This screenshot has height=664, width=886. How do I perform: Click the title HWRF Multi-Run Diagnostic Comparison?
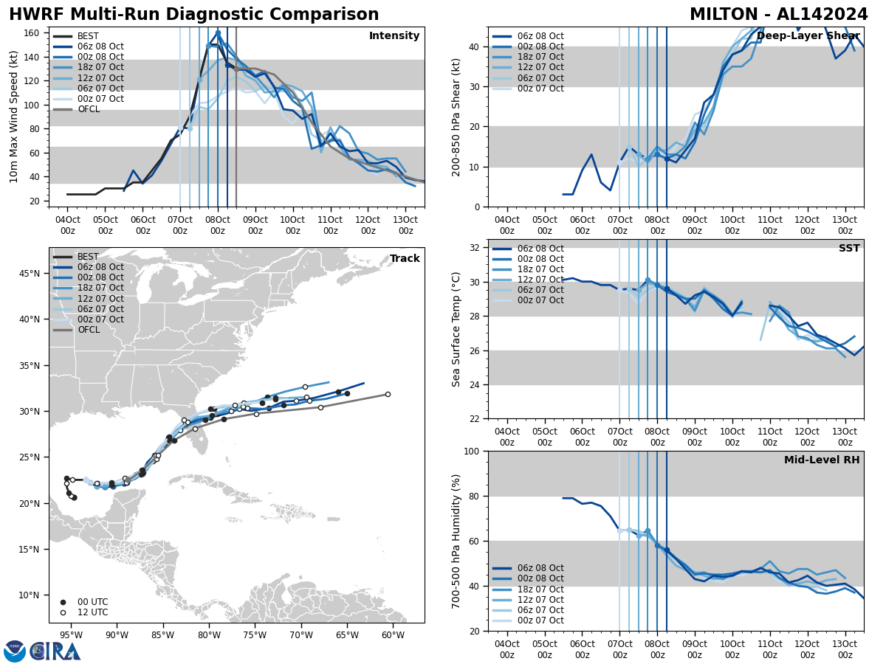click(193, 15)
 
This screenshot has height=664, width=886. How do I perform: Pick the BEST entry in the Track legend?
click(88, 257)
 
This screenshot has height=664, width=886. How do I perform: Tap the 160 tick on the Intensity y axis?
click(35, 33)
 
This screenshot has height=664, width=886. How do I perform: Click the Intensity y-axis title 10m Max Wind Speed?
click(14, 117)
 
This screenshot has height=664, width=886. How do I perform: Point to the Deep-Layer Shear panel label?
click(808, 36)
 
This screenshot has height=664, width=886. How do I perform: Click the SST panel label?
click(848, 249)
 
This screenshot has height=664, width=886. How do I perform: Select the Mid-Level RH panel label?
click(822, 460)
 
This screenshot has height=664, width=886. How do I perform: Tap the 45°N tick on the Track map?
click(30, 274)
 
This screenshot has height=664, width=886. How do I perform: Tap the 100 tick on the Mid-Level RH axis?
click(473, 451)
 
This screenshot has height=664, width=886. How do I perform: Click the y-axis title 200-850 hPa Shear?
click(457, 117)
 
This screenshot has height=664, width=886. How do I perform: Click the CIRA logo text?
click(55, 651)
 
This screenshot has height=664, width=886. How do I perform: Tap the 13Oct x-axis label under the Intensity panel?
click(406, 225)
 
